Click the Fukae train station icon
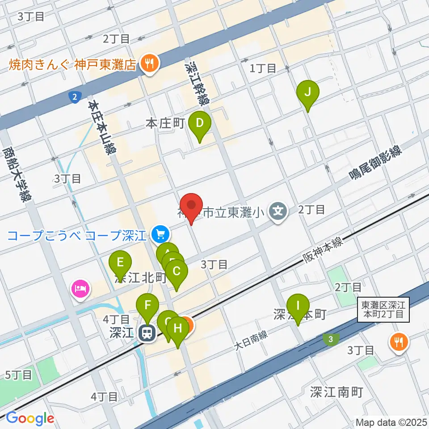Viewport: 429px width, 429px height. (146, 333)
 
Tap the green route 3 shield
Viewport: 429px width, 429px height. (330, 340)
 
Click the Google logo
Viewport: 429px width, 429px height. (30, 419)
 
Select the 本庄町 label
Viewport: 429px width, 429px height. (165, 124)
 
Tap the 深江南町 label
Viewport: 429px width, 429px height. (336, 392)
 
